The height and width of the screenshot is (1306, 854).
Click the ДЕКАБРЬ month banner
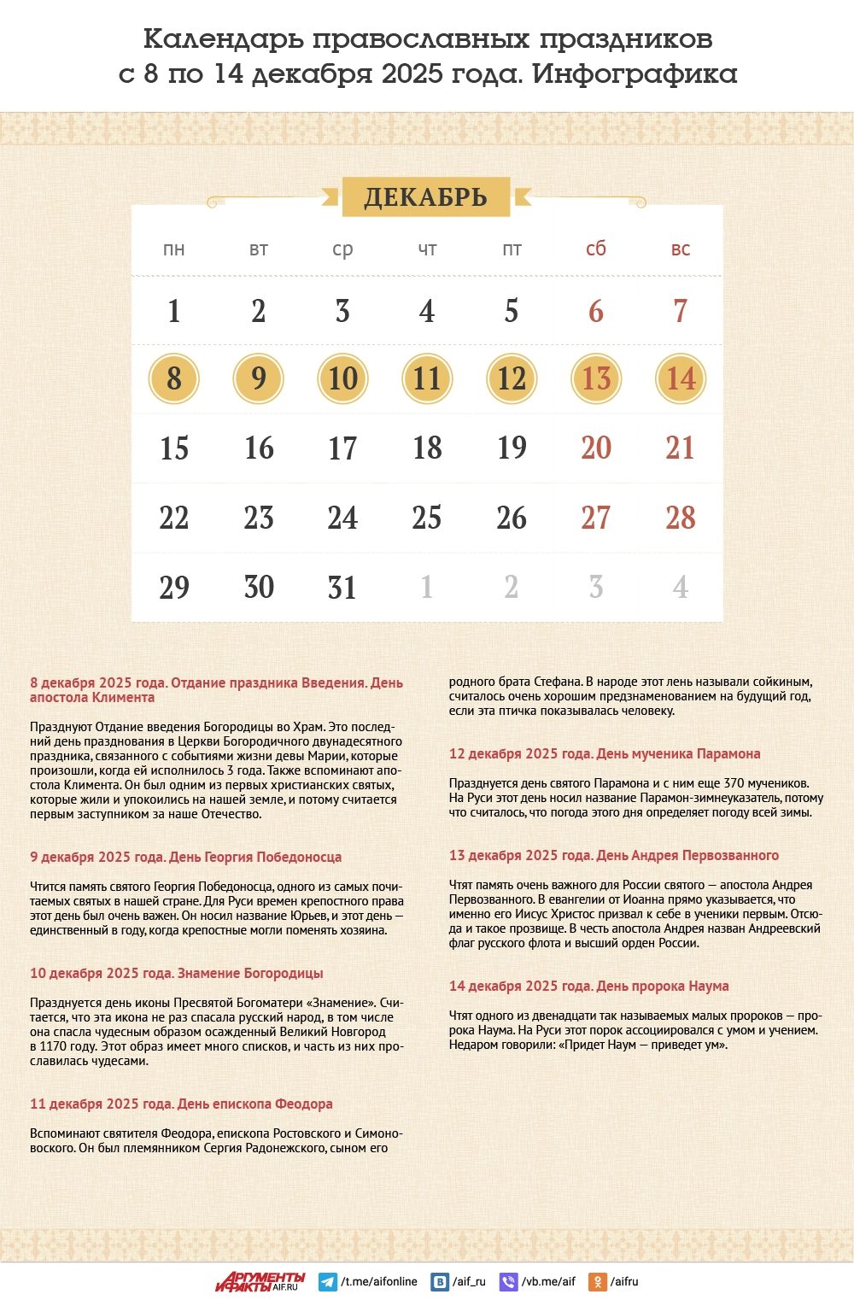[426, 197]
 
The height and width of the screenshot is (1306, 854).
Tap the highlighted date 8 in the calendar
[174, 378]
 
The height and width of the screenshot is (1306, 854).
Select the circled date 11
[427, 378]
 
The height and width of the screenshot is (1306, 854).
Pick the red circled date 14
[681, 378]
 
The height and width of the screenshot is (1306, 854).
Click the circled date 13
[596, 378]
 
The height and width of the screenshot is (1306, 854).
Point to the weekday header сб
[596, 249]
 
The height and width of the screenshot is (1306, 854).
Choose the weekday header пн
[174, 249]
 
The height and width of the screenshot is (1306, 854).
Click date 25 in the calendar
[427, 518]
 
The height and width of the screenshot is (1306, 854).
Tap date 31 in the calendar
[342, 588]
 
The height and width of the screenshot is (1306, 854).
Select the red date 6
[596, 311]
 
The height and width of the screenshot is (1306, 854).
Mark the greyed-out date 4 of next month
[681, 588]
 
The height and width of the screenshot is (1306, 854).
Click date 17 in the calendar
[342, 448]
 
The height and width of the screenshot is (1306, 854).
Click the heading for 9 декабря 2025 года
[185, 857]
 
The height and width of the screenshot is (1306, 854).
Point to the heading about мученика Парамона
[605, 753]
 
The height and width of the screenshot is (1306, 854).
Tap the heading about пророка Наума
[589, 986]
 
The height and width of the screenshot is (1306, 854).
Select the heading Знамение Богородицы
[177, 973]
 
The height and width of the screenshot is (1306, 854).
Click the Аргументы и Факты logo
[260, 1281]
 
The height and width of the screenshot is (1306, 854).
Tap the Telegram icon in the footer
[327, 1282]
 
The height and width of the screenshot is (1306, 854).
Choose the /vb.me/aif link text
[548, 1282]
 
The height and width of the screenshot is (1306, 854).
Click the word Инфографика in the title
[635, 74]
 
